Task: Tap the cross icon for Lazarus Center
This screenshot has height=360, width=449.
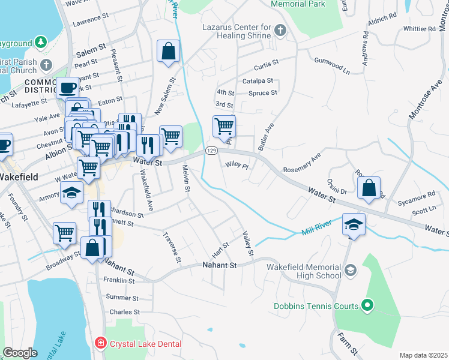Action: coord(280,30)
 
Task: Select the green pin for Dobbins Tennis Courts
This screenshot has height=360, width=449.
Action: coord(368,306)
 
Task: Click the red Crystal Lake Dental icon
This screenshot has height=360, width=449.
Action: coord(100,343)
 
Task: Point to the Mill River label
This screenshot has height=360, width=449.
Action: coord(317,230)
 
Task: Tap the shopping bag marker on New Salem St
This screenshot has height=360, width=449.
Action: coord(169,52)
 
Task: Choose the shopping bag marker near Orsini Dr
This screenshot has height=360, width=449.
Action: coord(369,187)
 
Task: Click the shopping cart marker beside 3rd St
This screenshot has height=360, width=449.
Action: coord(224,126)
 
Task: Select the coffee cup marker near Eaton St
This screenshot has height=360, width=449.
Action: coord(67,88)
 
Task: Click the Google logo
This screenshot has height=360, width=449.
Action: coord(20,353)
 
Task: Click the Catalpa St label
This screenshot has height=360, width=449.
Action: coord(258,80)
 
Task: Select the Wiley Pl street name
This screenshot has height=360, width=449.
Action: coord(237,164)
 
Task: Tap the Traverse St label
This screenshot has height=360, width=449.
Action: coord(171,248)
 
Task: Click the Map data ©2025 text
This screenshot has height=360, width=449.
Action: coord(423,355)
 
